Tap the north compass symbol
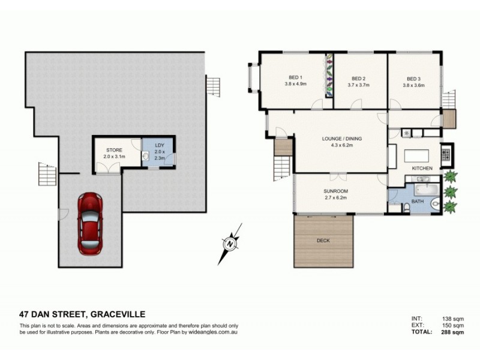[x=229, y=244]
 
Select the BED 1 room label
[x=295, y=78]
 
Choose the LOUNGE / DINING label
[x=342, y=139]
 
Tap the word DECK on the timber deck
[x=323, y=241]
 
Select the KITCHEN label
[x=422, y=169]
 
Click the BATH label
[x=418, y=202]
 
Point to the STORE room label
[x=114, y=150]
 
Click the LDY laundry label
[x=159, y=145]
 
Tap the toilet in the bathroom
[x=406, y=208]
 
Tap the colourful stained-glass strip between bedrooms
[x=329, y=76]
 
